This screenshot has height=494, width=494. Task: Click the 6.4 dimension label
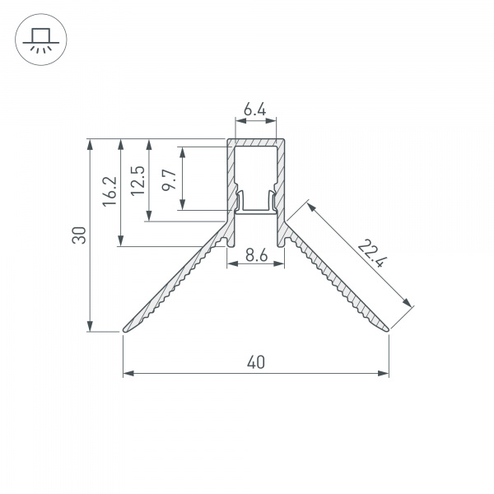tap(255, 110)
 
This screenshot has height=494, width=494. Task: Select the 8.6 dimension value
tap(257, 255)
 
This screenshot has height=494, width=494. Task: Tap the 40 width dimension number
tap(256, 362)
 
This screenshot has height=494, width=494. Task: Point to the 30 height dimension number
tap(79, 235)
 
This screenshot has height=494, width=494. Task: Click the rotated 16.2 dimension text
tap(110, 192)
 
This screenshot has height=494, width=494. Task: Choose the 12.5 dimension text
tap(138, 181)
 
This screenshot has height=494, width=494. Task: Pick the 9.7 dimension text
tap(169, 179)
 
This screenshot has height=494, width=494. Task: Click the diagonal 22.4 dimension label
tap(372, 254)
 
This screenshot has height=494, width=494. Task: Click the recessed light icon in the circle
tap(41, 40)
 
